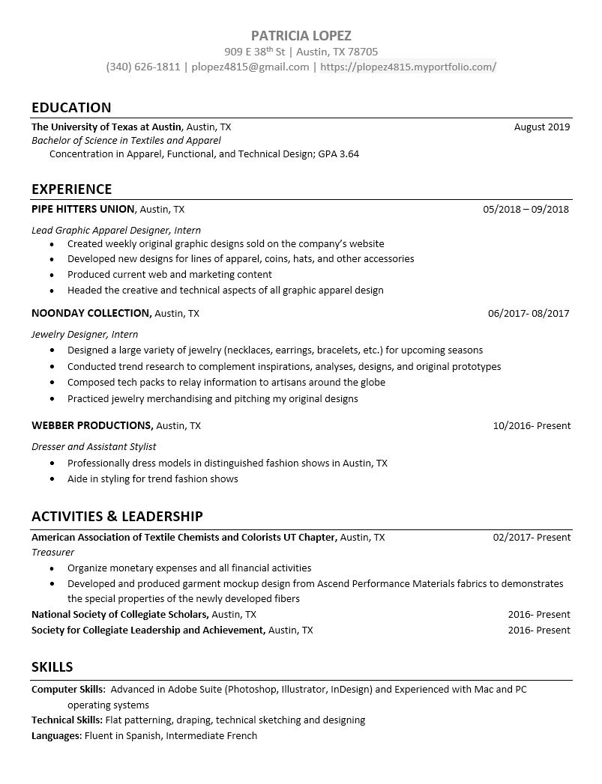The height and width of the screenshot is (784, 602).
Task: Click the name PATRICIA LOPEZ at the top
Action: [301, 35]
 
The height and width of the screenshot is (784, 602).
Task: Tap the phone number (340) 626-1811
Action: [143, 67]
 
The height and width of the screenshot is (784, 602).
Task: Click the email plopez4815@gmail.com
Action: [250, 67]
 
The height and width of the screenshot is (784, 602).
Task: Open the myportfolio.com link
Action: [408, 67]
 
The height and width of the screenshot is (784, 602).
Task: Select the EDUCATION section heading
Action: [71, 107]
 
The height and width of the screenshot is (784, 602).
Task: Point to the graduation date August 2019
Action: [542, 127]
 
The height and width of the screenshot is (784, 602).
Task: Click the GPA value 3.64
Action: [347, 154]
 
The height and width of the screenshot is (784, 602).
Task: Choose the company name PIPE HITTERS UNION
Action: [83, 209]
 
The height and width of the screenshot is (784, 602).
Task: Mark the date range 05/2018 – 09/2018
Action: [526, 209]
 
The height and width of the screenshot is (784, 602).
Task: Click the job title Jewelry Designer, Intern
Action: [85, 334]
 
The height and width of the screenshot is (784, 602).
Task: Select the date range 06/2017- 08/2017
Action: [528, 313]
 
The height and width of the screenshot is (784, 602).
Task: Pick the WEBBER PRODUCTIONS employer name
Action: [92, 425]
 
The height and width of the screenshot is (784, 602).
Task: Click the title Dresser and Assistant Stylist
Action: [94, 446]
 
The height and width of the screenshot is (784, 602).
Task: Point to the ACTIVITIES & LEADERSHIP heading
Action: [117, 516]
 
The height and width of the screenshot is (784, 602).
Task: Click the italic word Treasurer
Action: [52, 552]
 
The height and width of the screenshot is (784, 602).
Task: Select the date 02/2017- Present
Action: [532, 537]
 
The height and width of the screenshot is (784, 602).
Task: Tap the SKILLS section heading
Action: [52, 666]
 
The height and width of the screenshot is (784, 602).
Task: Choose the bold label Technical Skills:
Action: [67, 720]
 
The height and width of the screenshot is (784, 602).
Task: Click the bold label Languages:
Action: [56, 735]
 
